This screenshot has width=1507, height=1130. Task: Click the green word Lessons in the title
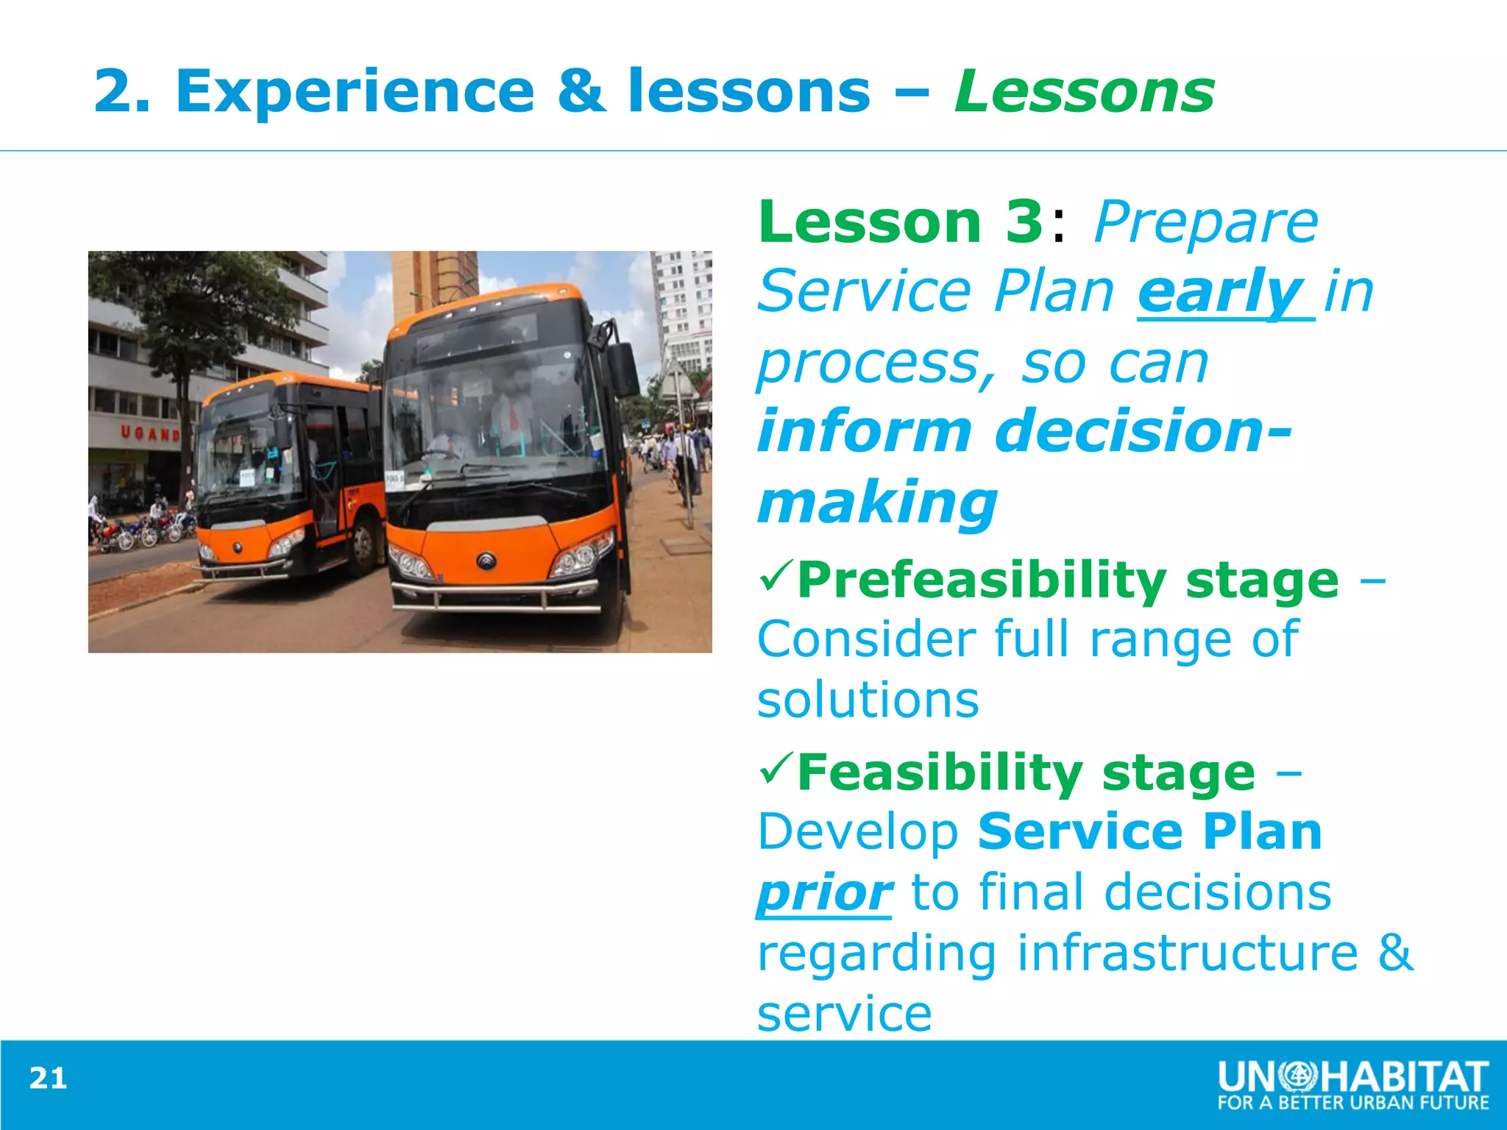pyautogui.click(x=1084, y=92)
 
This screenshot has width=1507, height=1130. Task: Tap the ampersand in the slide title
pyautogui.click(x=581, y=92)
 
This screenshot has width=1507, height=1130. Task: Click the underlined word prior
pyautogui.click(x=824, y=892)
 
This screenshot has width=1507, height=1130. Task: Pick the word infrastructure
pyautogui.click(x=1187, y=953)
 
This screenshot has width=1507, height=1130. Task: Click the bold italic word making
pyautogui.click(x=877, y=502)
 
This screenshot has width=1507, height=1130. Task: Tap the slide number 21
pyautogui.click(x=48, y=1079)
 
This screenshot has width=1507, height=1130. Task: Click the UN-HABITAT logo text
pyautogui.click(x=1352, y=1077)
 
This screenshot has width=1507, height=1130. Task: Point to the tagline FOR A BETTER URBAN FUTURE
pyautogui.click(x=1352, y=1103)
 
